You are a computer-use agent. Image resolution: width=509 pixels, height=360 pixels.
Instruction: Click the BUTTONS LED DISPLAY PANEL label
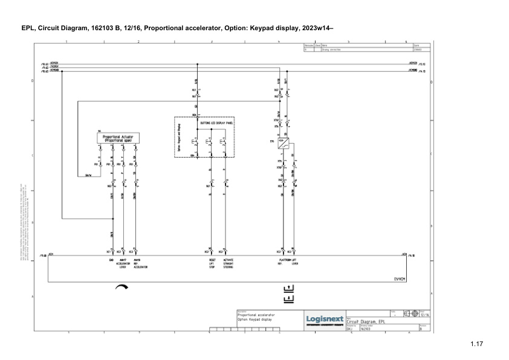tap(216, 122)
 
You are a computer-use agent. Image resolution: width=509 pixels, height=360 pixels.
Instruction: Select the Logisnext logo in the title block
tap(325, 319)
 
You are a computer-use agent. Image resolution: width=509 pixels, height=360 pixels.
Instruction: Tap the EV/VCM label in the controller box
tap(400, 279)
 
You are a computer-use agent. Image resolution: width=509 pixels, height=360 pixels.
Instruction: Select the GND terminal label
tap(112, 260)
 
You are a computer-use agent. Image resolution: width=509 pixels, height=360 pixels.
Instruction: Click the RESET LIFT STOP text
tap(212, 263)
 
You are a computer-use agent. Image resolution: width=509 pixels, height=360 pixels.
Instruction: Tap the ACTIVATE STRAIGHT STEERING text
tap(228, 263)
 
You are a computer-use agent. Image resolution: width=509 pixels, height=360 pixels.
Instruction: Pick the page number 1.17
tap(476, 344)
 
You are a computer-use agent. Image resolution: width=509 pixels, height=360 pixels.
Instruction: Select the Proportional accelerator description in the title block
tap(256, 315)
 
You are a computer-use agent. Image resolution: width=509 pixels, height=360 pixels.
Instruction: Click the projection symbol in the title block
tap(410, 313)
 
